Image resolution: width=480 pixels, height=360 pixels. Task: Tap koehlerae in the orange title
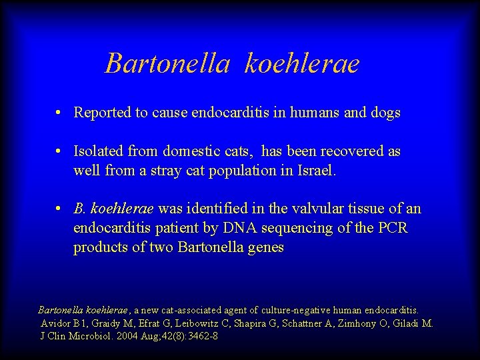click(x=302, y=63)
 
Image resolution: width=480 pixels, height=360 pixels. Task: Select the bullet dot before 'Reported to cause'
click(x=59, y=113)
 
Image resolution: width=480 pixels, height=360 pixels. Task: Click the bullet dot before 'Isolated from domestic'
click(x=59, y=151)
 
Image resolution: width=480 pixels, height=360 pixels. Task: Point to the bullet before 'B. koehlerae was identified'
click(x=59, y=209)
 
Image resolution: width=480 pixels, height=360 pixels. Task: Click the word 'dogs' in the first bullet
click(x=385, y=113)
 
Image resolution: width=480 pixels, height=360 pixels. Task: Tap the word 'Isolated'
click(x=98, y=151)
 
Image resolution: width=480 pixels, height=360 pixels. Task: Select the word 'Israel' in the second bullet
click(x=318, y=171)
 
